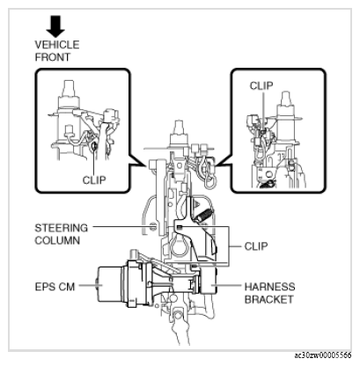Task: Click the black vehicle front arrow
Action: point(55,26)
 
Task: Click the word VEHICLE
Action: point(57,45)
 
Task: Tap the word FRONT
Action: point(53,57)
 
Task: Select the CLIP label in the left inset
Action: point(94,179)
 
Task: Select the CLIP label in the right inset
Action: point(261,86)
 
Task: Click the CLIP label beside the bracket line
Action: point(256,246)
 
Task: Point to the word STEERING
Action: point(61,228)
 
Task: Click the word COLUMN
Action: point(57,240)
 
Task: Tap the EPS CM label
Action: point(55,287)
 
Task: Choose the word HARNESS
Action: point(269,287)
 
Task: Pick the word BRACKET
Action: point(268,299)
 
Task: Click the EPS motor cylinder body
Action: point(110,284)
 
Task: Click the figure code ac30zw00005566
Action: point(323,355)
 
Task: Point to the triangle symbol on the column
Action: point(198,204)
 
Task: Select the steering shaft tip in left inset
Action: point(69,87)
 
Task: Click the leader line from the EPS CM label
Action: point(88,285)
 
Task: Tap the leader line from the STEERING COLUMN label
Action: point(134,227)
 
